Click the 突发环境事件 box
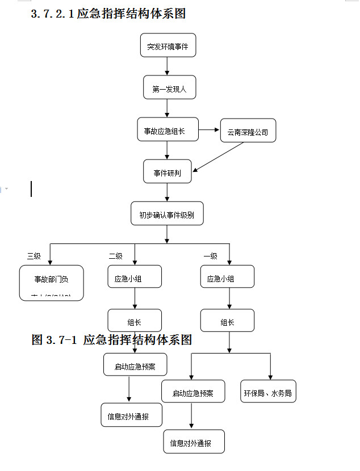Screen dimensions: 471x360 click(x=168, y=45)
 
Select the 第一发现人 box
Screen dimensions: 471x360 click(x=169, y=88)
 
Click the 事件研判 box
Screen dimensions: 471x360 click(x=168, y=172)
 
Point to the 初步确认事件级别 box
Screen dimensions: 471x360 click(x=167, y=214)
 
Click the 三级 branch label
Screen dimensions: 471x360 click(x=34, y=256)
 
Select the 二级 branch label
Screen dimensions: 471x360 click(x=115, y=256)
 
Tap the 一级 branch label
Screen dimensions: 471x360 click(x=210, y=256)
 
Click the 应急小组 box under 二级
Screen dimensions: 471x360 click(x=135, y=277)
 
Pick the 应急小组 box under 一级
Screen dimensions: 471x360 click(x=227, y=277)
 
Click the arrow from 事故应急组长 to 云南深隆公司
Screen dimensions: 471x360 click(x=210, y=130)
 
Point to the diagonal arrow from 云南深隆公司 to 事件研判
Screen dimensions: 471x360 click(x=218, y=157)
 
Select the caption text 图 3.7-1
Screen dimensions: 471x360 click(x=54, y=340)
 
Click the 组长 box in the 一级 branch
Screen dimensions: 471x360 click(x=227, y=321)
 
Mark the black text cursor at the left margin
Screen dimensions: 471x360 click(x=31, y=189)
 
